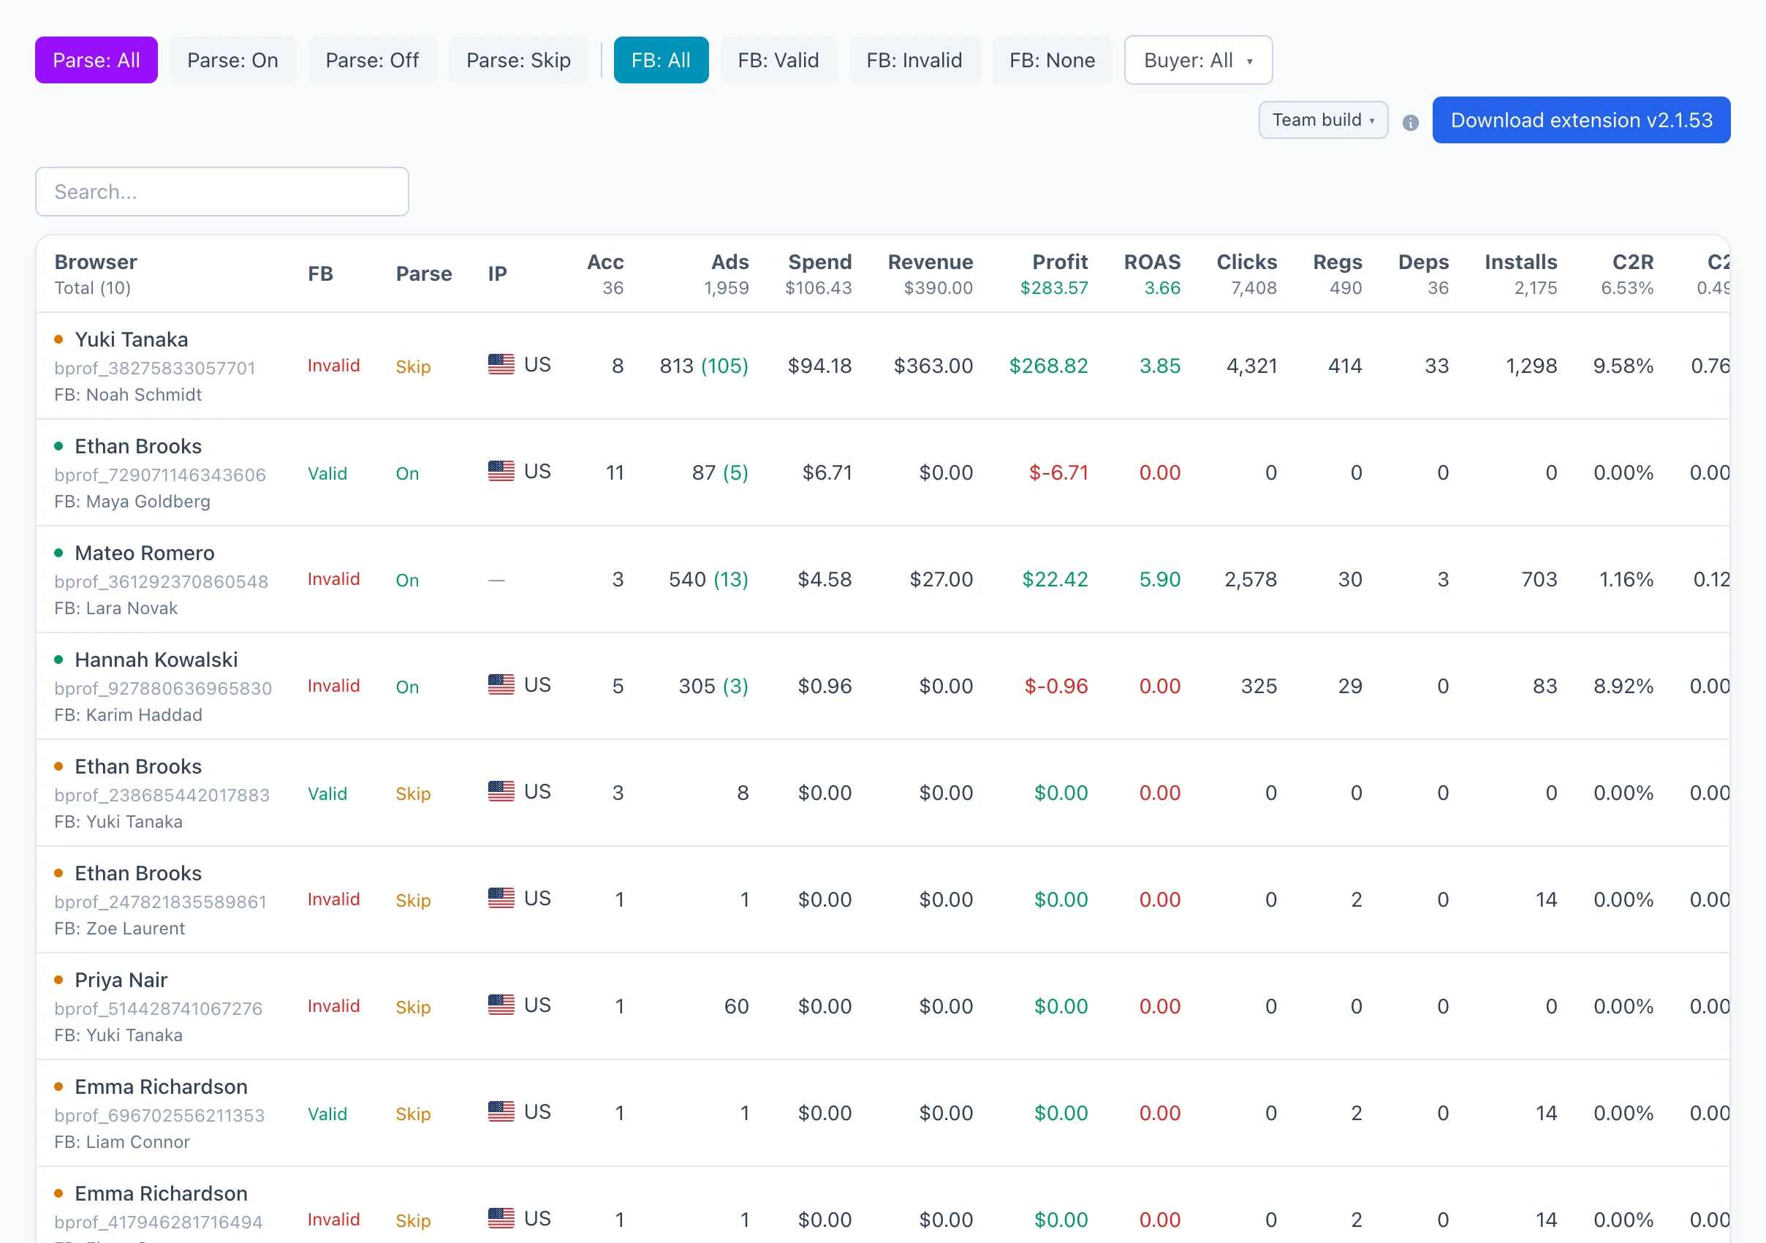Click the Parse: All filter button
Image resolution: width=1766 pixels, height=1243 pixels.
[x=96, y=60]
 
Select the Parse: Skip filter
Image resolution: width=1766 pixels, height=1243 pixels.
[x=518, y=60]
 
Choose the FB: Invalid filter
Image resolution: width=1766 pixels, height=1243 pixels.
[x=914, y=60]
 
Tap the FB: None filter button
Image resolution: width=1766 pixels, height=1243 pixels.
[x=1052, y=60]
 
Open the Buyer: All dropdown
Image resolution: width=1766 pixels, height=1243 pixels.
[x=1198, y=60]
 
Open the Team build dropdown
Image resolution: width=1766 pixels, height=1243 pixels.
[x=1323, y=120]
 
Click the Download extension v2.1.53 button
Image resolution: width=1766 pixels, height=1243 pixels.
[x=1581, y=120]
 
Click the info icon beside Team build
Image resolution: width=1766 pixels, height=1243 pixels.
[x=1411, y=123]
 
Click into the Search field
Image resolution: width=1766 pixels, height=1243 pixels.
[x=222, y=192]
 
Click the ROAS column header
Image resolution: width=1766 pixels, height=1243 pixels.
[x=1152, y=262]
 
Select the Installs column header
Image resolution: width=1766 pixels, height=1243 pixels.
[x=1520, y=262]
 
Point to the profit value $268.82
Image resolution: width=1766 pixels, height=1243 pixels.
[x=1048, y=366]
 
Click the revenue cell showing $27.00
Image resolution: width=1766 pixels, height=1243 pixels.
[x=941, y=580]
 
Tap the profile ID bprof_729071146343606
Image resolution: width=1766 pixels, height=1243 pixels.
[x=160, y=475]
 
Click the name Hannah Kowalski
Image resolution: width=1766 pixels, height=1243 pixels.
[x=156, y=660]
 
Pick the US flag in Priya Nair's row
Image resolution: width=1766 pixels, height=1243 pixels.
[x=501, y=1005]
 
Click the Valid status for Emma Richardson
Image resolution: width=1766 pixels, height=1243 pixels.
[x=327, y=1114]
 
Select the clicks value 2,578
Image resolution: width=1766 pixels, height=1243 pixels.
[x=1251, y=580]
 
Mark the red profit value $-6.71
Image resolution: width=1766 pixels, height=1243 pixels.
[x=1058, y=473]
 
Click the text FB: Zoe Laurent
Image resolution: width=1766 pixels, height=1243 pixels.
[x=119, y=929]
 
